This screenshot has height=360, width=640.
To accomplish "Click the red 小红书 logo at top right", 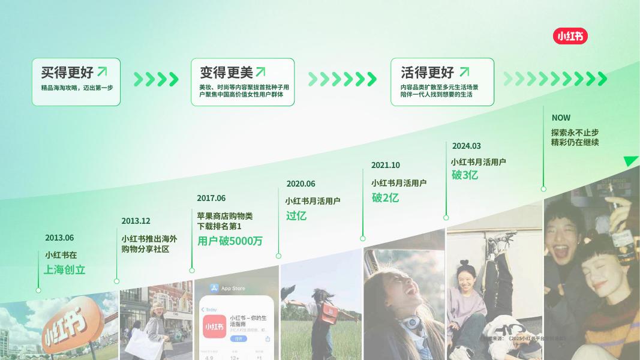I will tap(570, 37).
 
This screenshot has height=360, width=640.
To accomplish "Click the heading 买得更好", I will tap(67, 73).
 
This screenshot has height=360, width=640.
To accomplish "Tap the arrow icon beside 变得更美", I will tap(261, 72).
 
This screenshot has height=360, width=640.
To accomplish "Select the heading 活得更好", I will tap(427, 73).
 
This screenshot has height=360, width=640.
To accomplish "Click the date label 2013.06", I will tap(59, 238).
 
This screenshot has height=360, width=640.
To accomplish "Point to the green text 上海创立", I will tap(64, 270).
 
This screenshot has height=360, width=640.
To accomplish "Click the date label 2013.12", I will tap(136, 221).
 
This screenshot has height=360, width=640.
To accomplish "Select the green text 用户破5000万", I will tap(230, 241).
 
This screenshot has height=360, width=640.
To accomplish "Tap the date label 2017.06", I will tap(211, 198).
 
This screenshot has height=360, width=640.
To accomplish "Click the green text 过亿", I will tap(296, 215).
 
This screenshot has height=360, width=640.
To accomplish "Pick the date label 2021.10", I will tap(385, 165).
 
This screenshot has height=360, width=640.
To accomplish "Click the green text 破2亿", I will tap(385, 197).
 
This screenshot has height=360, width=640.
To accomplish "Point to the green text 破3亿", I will tap(465, 175).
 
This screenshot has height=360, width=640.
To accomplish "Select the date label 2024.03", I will tap(466, 146).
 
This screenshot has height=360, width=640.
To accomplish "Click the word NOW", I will tap(561, 118).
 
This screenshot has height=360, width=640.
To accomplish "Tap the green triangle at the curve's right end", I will tap(630, 161).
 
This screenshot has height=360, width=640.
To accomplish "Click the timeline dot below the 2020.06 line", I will tap(278, 256).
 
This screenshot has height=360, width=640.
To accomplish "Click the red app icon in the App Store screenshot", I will tap(214, 326).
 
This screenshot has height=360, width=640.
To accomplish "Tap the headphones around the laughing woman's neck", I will tap(411, 323).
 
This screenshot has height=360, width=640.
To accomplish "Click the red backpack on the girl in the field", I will tap(329, 311).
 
